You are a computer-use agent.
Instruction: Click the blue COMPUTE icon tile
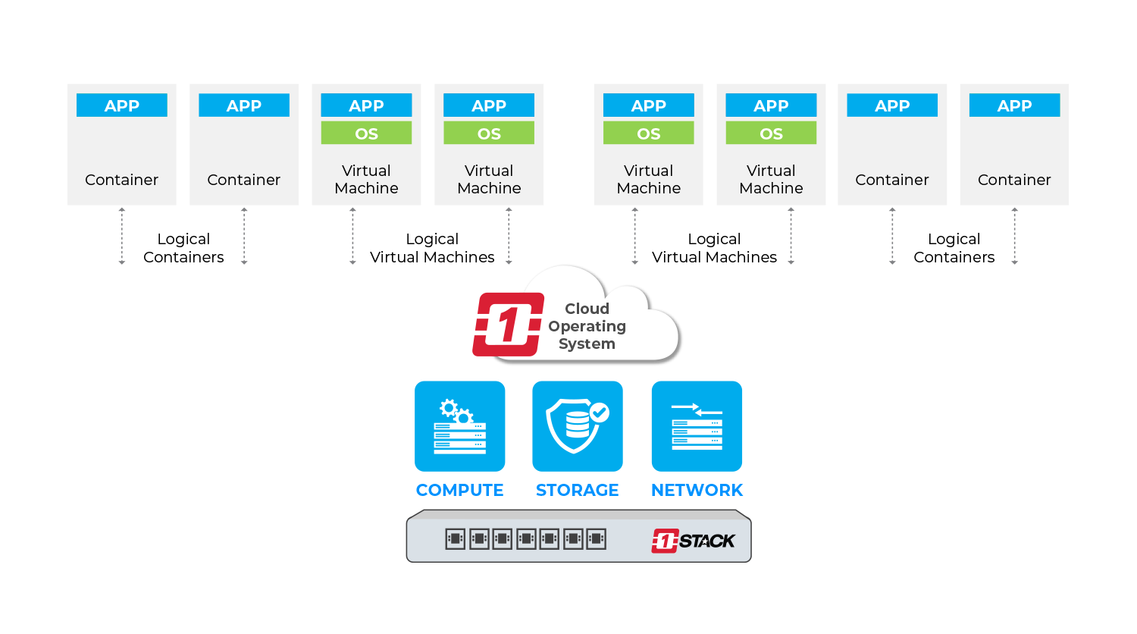[x=459, y=426]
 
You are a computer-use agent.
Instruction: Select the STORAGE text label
[x=577, y=491]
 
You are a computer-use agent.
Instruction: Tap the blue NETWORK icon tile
[x=697, y=426]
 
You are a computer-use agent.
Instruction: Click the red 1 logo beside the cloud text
[x=508, y=325]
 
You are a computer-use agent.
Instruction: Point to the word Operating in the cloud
[x=587, y=326]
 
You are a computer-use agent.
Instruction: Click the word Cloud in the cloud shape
[x=587, y=309]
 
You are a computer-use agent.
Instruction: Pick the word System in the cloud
[x=587, y=344]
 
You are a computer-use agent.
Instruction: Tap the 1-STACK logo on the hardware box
[x=693, y=541]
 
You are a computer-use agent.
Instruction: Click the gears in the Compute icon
[x=456, y=411]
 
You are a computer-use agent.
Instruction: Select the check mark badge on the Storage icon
[x=600, y=412]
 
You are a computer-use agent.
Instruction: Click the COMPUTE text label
[x=459, y=491]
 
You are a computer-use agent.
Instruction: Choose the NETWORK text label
[x=697, y=491]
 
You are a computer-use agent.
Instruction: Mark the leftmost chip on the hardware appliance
[x=455, y=539]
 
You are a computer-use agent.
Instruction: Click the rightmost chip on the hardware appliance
[x=597, y=539]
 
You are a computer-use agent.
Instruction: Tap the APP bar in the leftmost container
[x=121, y=105]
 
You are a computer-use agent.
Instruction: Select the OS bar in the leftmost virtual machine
[x=366, y=133]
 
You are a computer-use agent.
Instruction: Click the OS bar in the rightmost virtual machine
[x=771, y=133]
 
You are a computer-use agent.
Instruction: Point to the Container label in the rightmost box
[x=1014, y=180]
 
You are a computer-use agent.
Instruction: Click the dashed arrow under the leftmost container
[x=122, y=236]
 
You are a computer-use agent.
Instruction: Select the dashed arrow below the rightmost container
[x=1014, y=236]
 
